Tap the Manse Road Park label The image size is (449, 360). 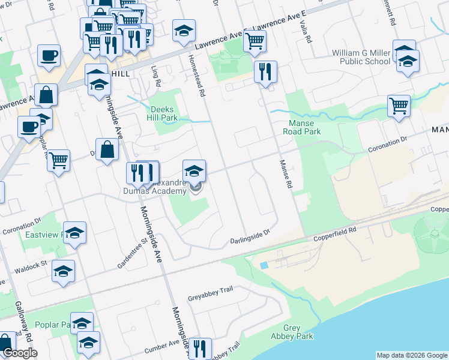point(301,127)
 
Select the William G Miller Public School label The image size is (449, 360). point(361,57)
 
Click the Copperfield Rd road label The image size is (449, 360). point(335,235)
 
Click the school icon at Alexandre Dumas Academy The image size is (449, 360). point(194,171)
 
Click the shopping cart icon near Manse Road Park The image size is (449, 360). point(399,106)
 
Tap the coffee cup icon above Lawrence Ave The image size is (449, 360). point(49,56)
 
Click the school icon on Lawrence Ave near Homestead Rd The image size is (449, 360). point(184,30)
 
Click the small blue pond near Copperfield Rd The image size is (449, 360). point(265,265)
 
